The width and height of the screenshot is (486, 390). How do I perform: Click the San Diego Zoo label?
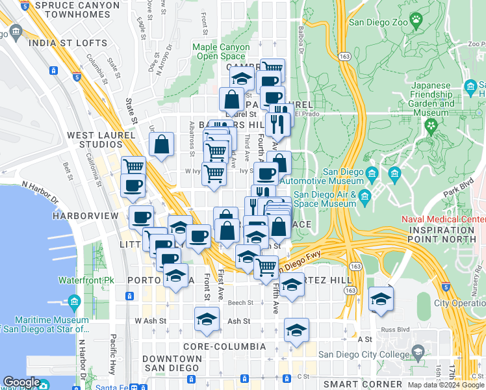379,21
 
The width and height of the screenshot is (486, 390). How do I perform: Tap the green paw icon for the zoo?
414,19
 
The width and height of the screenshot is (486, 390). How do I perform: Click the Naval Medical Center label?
444,219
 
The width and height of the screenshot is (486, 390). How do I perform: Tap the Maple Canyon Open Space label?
221,51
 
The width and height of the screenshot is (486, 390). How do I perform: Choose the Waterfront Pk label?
86,280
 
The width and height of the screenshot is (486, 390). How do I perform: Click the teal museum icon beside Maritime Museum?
73,302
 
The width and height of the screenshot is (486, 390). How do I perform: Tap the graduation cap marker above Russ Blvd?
381,299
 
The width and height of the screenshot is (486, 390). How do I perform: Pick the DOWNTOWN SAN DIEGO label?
172,363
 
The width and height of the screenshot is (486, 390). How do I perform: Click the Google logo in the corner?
21,383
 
